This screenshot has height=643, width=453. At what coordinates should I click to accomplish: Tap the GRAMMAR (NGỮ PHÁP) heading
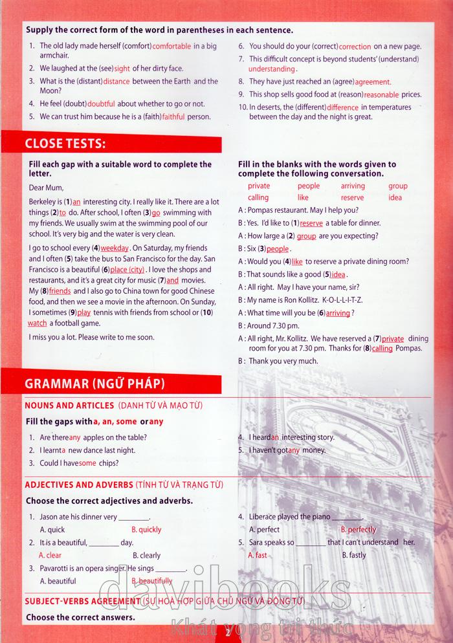(94, 384)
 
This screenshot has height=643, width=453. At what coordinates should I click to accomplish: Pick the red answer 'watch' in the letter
(38, 323)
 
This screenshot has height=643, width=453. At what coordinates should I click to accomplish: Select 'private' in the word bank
(259, 186)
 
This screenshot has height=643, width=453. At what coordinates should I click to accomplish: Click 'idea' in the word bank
(395, 197)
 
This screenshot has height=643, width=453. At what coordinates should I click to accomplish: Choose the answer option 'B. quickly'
(146, 530)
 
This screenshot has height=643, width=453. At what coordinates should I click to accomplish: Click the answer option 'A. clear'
(50, 555)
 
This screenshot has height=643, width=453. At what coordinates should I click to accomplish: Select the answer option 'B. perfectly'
(358, 530)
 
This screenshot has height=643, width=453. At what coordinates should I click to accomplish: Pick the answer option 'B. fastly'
(353, 555)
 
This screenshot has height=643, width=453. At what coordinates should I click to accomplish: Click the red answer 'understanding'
(271, 69)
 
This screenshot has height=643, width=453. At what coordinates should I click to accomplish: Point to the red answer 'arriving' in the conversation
(337, 313)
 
